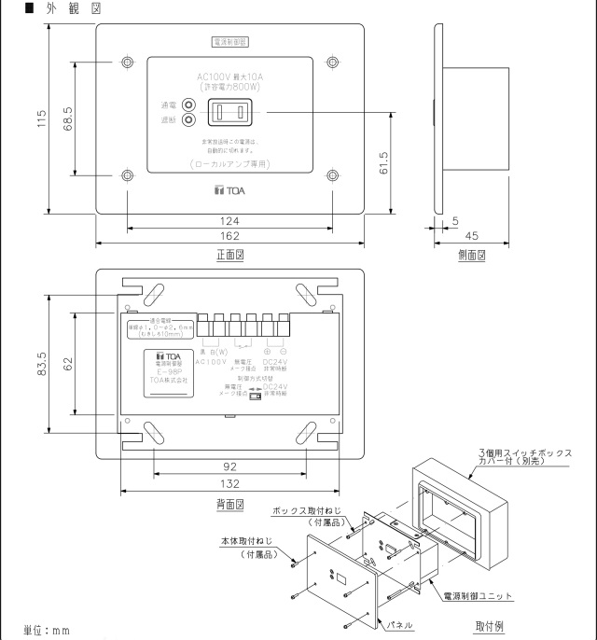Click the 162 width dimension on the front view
[229, 237]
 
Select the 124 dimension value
[229, 221]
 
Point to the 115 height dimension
[41, 119]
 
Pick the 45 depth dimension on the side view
[472, 237]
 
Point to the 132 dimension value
[229, 483]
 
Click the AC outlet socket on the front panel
[229, 113]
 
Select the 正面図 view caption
[229, 255]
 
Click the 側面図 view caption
[472, 255]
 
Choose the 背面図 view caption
[229, 503]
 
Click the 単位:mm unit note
[48, 631]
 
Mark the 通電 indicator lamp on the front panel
[189, 106]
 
